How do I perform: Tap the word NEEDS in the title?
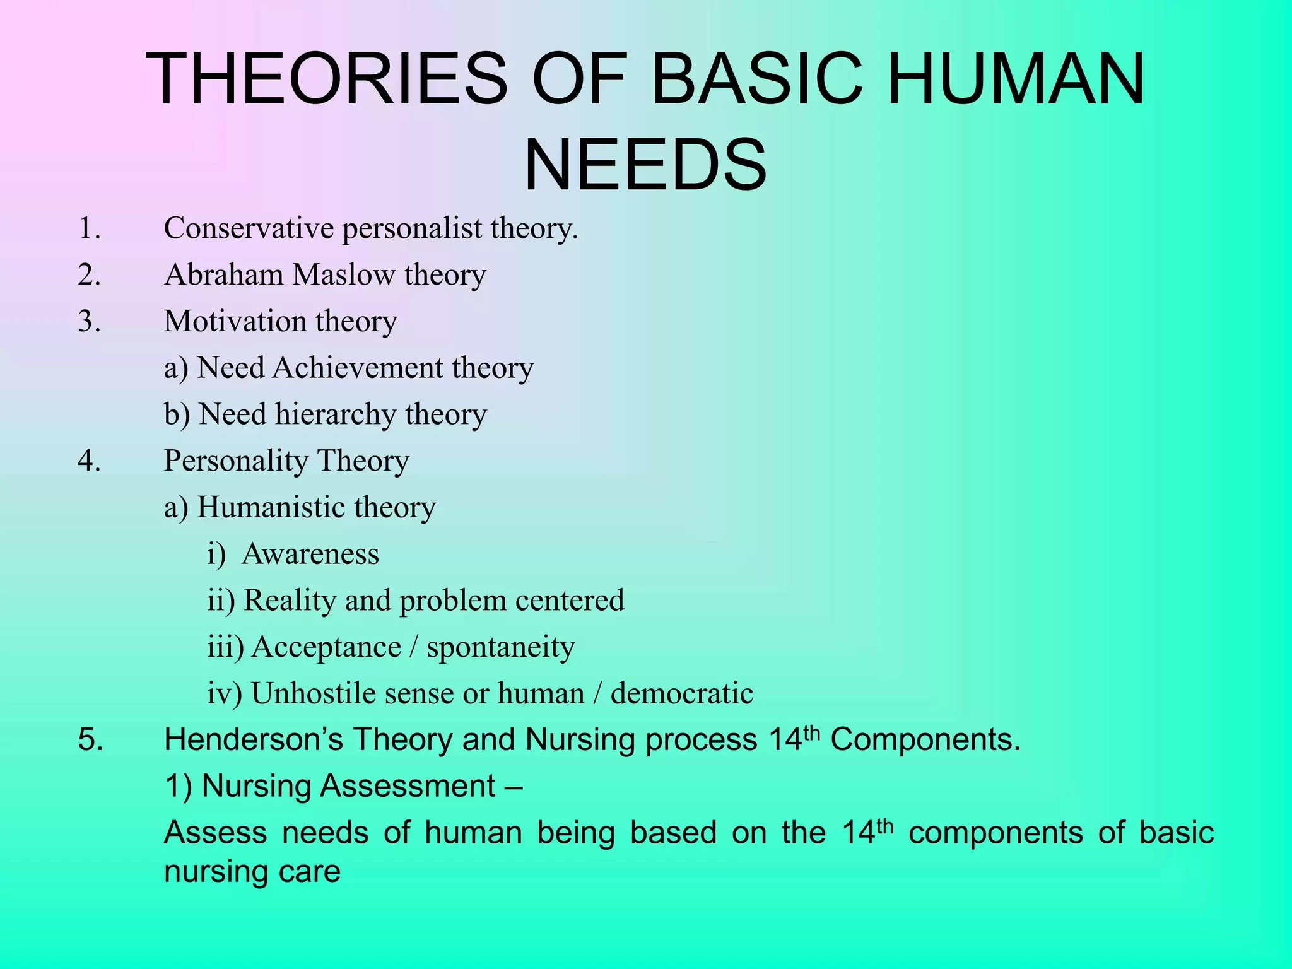coord(645,166)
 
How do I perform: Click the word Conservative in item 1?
coord(249,228)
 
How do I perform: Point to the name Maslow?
coord(344,275)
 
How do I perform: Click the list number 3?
coord(89,321)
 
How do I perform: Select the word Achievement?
coord(358,368)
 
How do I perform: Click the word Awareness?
coord(310,554)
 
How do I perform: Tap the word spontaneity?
coord(501,647)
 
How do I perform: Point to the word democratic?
coord(681,693)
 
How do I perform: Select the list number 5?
coord(90,739)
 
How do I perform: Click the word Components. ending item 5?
coord(925,739)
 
